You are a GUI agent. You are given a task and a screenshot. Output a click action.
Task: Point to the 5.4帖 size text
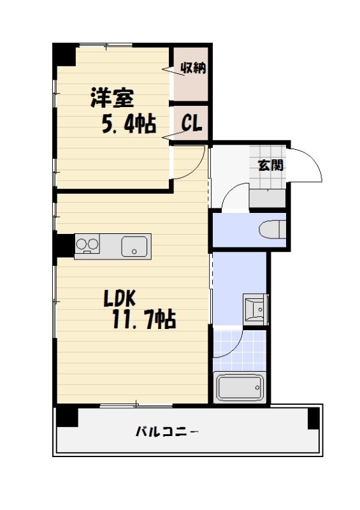[x=129, y=123]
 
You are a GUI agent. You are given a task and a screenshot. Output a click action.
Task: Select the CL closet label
[x=192, y=122]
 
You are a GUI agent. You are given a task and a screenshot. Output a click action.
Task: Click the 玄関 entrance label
[x=271, y=165]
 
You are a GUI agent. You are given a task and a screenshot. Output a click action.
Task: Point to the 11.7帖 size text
[x=144, y=318]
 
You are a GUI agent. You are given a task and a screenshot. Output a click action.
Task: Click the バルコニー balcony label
[x=167, y=432]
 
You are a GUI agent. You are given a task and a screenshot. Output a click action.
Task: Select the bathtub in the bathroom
[x=239, y=387]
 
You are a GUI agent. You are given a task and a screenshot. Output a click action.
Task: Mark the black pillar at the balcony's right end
[x=313, y=418]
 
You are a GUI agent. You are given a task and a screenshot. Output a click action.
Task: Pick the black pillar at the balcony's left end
[x=66, y=418]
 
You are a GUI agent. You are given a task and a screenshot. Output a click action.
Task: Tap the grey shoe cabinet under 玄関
[x=268, y=198]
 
